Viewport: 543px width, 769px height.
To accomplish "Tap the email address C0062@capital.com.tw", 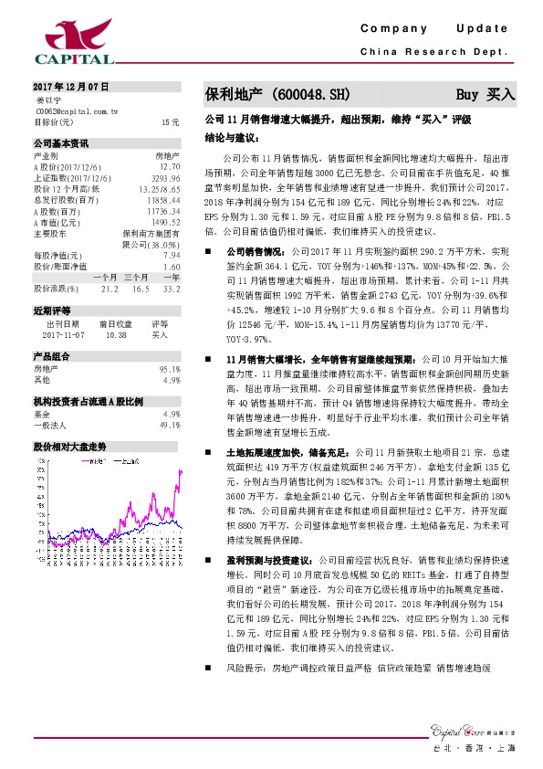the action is pos(77,110).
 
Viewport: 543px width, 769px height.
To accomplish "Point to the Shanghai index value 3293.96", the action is pos(163,178).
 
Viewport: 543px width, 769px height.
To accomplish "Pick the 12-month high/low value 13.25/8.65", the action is pos(159,189).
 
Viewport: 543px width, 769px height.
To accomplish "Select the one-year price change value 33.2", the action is pos(170,288).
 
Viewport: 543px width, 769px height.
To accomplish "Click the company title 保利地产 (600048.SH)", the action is pos(276,93).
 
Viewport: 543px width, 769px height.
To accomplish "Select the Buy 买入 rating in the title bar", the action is pos(486,93).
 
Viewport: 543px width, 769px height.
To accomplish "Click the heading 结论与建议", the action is pos(228,137).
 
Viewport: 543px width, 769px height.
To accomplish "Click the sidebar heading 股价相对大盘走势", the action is pos(70,447).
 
